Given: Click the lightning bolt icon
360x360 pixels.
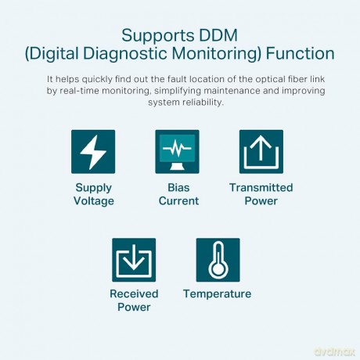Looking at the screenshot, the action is (x=93, y=152).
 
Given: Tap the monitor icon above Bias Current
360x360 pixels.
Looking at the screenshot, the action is (x=177, y=152).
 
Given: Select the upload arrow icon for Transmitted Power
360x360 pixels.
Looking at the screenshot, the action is (x=261, y=152).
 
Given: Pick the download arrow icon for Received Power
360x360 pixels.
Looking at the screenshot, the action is (x=134, y=260).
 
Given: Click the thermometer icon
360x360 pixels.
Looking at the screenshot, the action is (x=218, y=260).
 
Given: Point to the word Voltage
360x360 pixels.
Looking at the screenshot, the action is (x=94, y=201).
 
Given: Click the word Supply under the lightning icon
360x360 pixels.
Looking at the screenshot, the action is (x=94, y=188).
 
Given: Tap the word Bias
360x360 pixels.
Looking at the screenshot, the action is (x=178, y=188).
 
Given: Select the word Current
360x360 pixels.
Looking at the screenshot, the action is (x=178, y=201).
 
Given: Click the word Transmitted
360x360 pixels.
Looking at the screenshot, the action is (x=261, y=188).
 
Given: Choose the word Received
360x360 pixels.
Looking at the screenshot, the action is (x=134, y=293).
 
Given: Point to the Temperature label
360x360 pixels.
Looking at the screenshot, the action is (x=218, y=294).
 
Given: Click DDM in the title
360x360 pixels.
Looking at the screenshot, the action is (x=218, y=35).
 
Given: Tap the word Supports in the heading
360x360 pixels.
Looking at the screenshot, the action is (x=158, y=36).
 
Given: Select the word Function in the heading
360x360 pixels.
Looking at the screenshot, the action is (x=300, y=53).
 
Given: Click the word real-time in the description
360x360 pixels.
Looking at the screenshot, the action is (x=80, y=91).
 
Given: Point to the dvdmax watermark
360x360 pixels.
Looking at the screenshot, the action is (x=335, y=351).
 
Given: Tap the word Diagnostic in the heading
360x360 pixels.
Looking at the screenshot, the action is (x=125, y=54).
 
